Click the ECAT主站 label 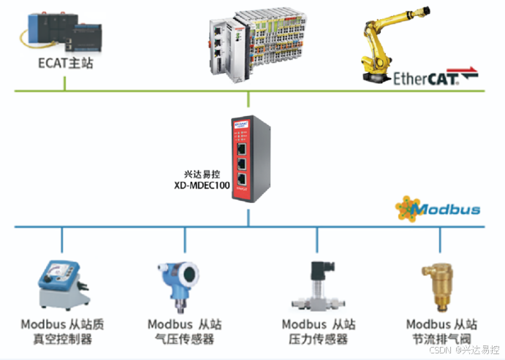65,64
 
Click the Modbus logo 438,209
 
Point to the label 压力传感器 318,339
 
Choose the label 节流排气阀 441,339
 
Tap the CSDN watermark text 465,351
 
